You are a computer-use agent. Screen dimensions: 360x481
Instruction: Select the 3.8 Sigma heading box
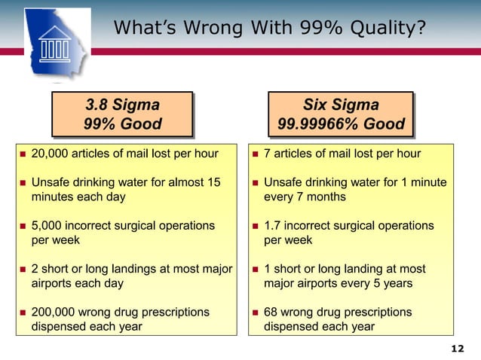coord(122,114)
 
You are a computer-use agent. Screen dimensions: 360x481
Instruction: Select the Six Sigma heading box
coord(341,114)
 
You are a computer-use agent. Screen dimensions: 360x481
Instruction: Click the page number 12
coord(457,349)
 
